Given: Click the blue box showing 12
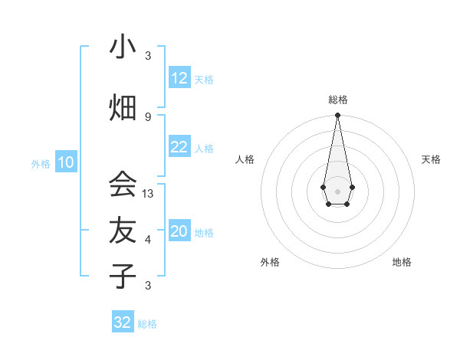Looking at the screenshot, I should [x=179, y=78].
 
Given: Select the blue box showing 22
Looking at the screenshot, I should [x=179, y=148].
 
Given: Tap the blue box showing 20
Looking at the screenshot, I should [x=179, y=232].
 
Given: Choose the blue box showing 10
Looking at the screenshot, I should [x=66, y=162].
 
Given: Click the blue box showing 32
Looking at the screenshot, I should [x=123, y=322].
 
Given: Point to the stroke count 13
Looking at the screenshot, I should [x=148, y=194].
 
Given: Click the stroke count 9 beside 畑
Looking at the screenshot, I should [x=148, y=116].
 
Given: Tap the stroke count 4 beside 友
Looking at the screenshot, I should [x=148, y=240].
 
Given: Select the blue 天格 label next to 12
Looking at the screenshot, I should [x=204, y=79].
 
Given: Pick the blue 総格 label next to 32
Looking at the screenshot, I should [x=147, y=324].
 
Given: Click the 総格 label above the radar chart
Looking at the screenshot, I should [x=337, y=100].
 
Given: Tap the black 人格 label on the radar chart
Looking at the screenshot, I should [x=245, y=159].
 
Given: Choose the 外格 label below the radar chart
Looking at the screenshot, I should [x=270, y=262].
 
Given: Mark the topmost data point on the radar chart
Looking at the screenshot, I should [x=337, y=116].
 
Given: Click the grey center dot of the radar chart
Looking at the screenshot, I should [x=337, y=190].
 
